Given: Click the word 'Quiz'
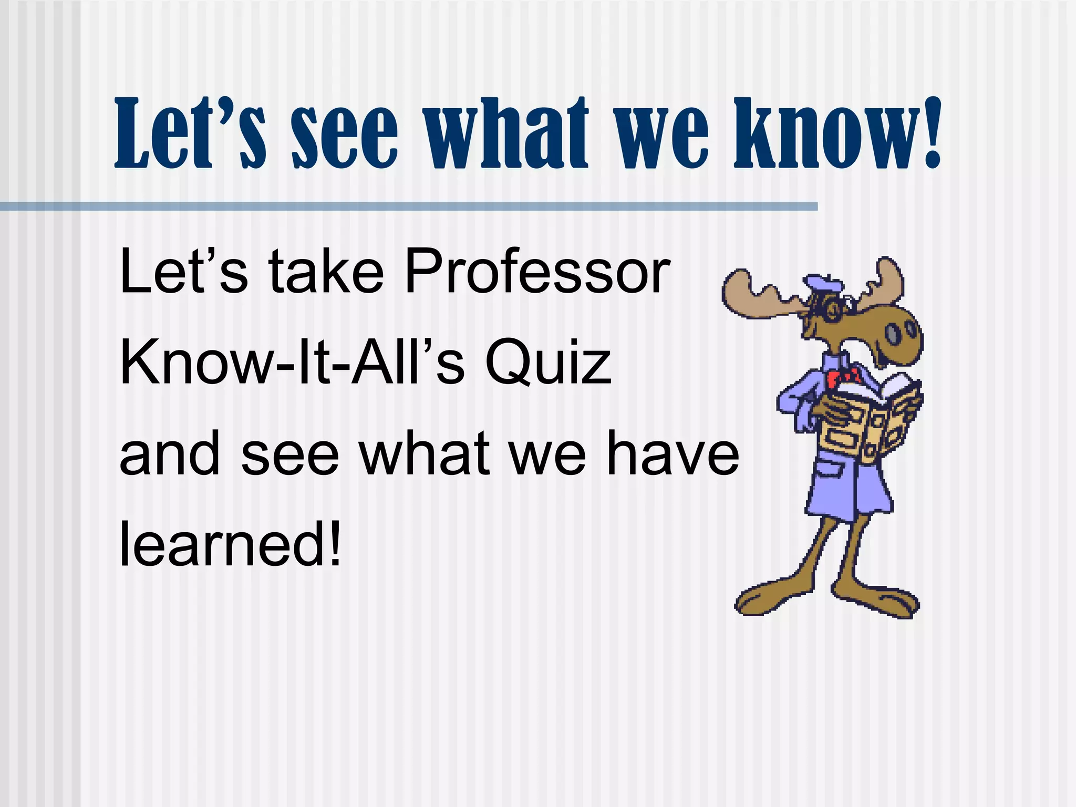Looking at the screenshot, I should tap(548, 364).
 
